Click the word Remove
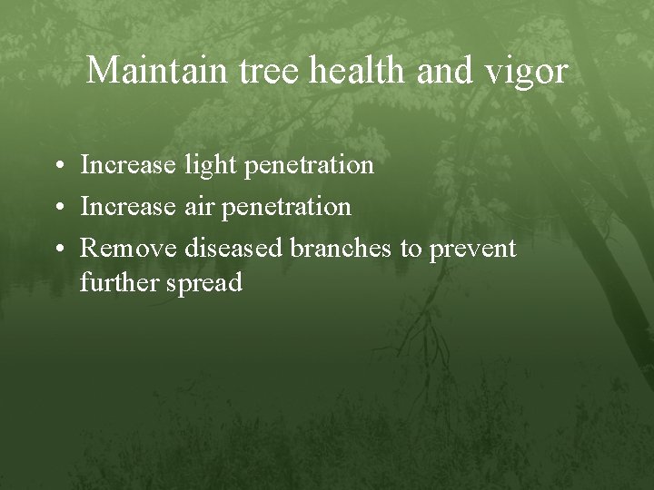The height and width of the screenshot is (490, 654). click(x=129, y=248)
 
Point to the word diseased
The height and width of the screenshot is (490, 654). click(x=234, y=248)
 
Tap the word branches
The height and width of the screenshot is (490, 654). click(x=341, y=248)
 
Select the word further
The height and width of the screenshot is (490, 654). click(x=119, y=283)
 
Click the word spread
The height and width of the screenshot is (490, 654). click(x=204, y=284)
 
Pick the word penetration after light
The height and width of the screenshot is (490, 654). click(x=311, y=166)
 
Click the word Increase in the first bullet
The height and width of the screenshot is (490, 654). click(x=127, y=165)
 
